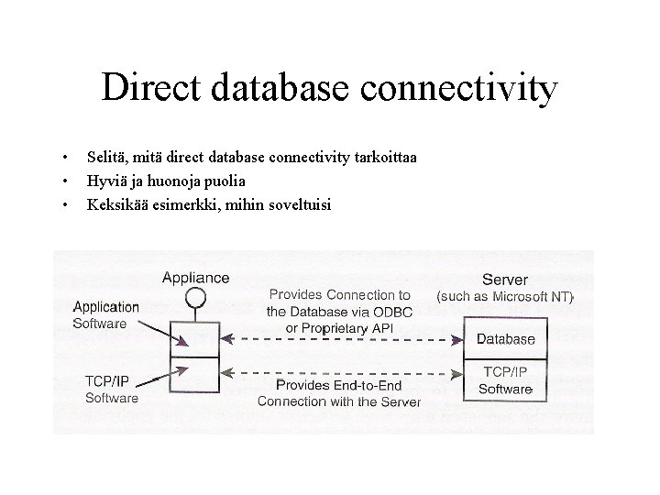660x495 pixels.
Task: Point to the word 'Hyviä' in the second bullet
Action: point(105,181)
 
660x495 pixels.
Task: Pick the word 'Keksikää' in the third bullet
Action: point(115,203)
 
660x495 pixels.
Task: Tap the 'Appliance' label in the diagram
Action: point(195,277)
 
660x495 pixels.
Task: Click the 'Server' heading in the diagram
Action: point(504,279)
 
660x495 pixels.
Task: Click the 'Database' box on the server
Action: point(505,338)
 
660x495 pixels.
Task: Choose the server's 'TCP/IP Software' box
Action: point(505,379)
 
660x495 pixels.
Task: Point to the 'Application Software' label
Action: point(105,315)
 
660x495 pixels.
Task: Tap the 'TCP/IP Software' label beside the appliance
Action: point(112,389)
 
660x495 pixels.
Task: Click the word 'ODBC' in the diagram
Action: point(394,312)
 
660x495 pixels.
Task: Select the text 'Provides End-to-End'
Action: point(338,385)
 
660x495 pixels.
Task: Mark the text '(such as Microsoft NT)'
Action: point(505,297)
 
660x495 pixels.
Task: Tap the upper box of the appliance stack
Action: point(194,338)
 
